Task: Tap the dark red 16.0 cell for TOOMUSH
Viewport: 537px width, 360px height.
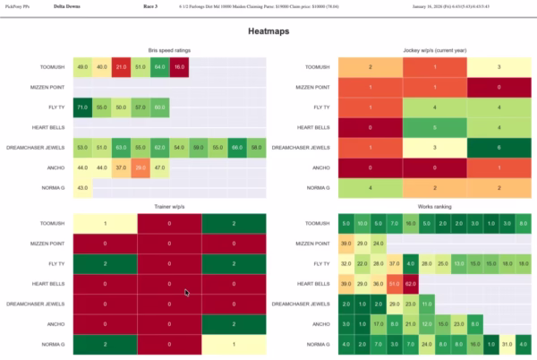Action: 180,67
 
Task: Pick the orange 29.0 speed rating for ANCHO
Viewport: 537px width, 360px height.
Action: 141,167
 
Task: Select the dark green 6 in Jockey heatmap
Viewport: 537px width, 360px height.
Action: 498,147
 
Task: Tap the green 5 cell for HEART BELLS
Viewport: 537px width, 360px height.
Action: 435,126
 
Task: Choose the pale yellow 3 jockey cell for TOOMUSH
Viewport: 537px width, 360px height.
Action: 498,67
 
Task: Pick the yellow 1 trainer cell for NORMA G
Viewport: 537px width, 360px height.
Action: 234,344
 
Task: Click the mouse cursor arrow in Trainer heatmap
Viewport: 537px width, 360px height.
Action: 187,293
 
